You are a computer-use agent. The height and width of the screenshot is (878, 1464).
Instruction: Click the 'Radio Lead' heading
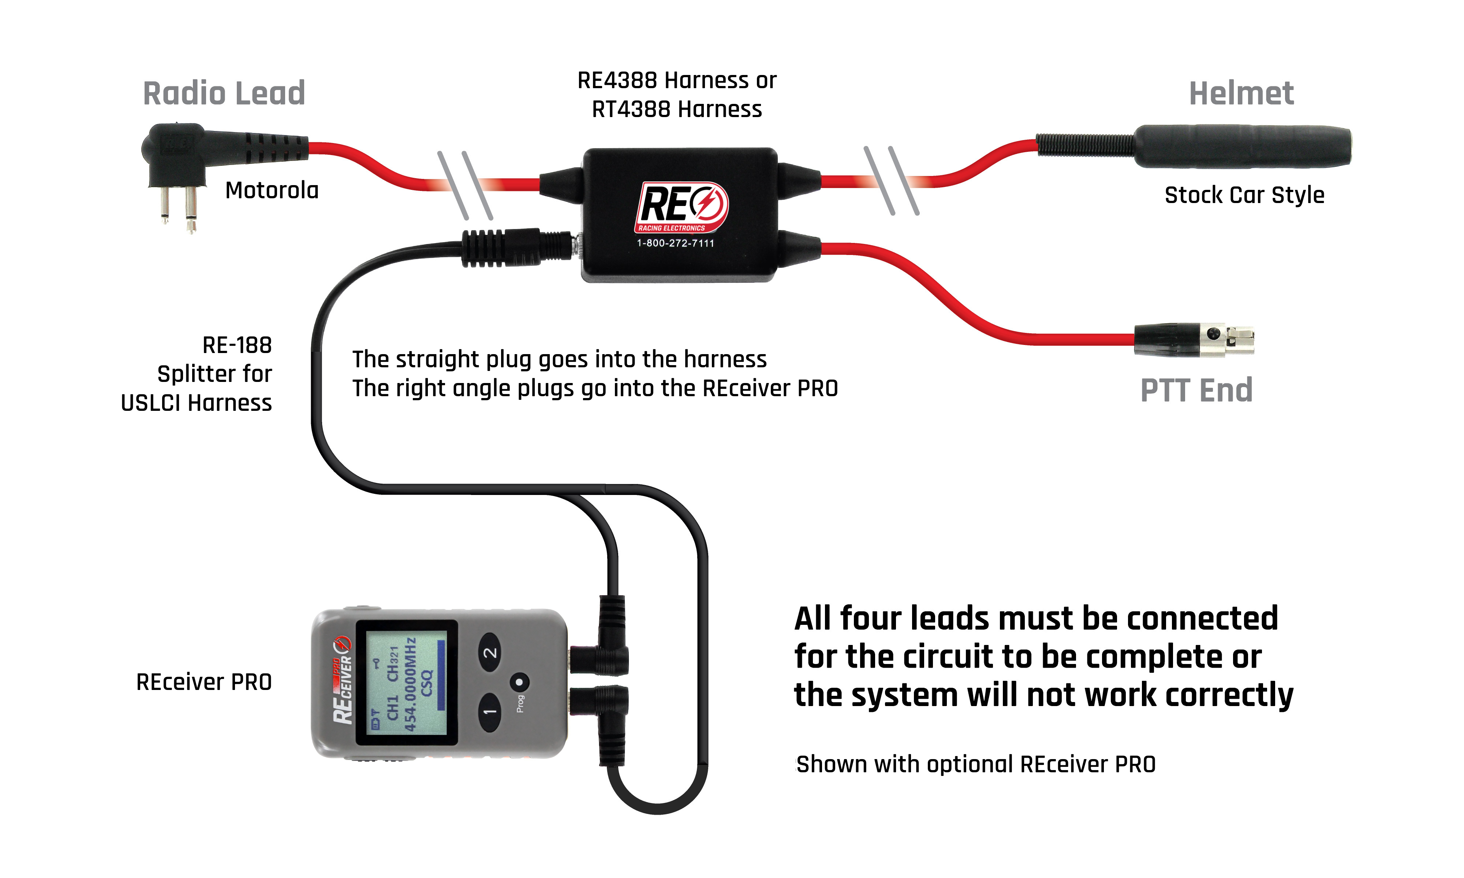coord(224,94)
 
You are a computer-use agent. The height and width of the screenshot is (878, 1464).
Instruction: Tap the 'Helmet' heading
coord(1241,94)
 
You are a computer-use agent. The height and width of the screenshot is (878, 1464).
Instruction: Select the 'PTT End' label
coord(1196,390)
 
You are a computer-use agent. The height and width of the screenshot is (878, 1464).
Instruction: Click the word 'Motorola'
coord(272,191)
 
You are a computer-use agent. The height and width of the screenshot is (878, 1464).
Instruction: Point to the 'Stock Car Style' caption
coord(1244,195)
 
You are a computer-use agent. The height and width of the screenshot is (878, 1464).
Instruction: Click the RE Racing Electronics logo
coord(682,206)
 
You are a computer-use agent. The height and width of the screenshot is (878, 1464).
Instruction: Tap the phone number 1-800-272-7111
coord(675,243)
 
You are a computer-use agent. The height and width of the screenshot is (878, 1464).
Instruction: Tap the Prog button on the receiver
coord(520,682)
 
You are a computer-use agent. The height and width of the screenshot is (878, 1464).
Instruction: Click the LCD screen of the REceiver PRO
coord(406,682)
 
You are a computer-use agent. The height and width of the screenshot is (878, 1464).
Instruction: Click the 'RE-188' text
coord(237,345)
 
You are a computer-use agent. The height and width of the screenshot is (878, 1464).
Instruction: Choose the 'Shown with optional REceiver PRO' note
coord(975,764)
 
